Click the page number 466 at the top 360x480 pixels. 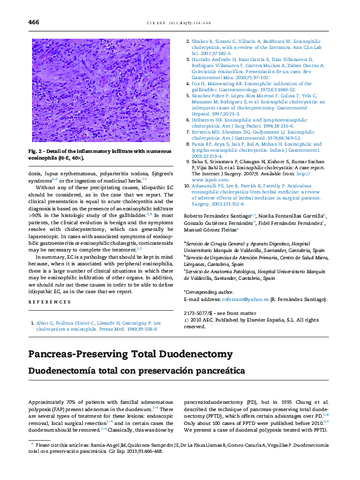34,22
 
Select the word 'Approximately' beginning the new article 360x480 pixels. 45,402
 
